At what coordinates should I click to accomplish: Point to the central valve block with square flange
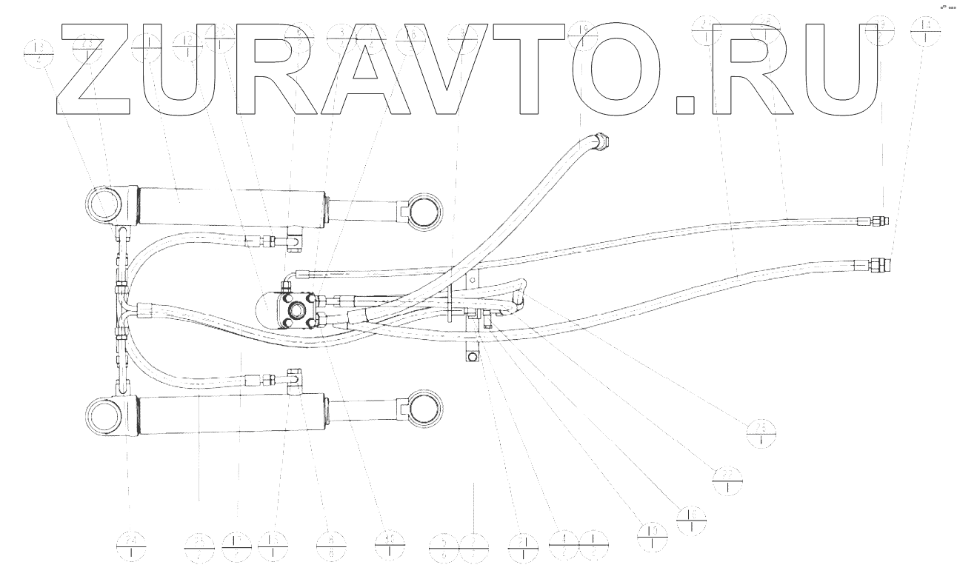(299, 310)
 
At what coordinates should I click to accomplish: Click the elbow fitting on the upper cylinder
(296, 241)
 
